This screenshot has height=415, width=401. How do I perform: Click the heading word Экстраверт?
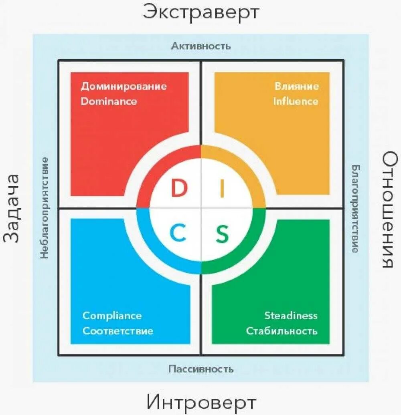pyautogui.click(x=201, y=12)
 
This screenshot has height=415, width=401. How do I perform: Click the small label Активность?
pyautogui.click(x=201, y=46)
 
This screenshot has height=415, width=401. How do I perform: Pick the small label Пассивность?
pyautogui.click(x=201, y=369)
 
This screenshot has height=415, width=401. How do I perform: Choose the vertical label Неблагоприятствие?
pyautogui.click(x=45, y=207)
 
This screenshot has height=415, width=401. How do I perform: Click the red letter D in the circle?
pyautogui.click(x=179, y=188)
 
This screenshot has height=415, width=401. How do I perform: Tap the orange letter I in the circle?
pyautogui.click(x=222, y=188)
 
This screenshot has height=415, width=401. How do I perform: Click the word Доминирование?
pyautogui.click(x=124, y=86)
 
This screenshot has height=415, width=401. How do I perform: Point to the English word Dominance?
pyautogui.click(x=109, y=101)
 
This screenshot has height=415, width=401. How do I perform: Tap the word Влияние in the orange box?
pyautogui.click(x=297, y=86)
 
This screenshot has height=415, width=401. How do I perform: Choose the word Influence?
pyautogui.click(x=296, y=101)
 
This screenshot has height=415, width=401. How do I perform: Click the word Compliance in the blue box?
pyautogui.click(x=112, y=316)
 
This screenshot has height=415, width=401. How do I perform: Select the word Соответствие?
pyautogui.click(x=118, y=331)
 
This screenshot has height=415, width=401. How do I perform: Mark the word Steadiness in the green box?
pyautogui.click(x=291, y=316)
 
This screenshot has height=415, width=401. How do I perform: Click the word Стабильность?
pyautogui.click(x=282, y=331)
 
